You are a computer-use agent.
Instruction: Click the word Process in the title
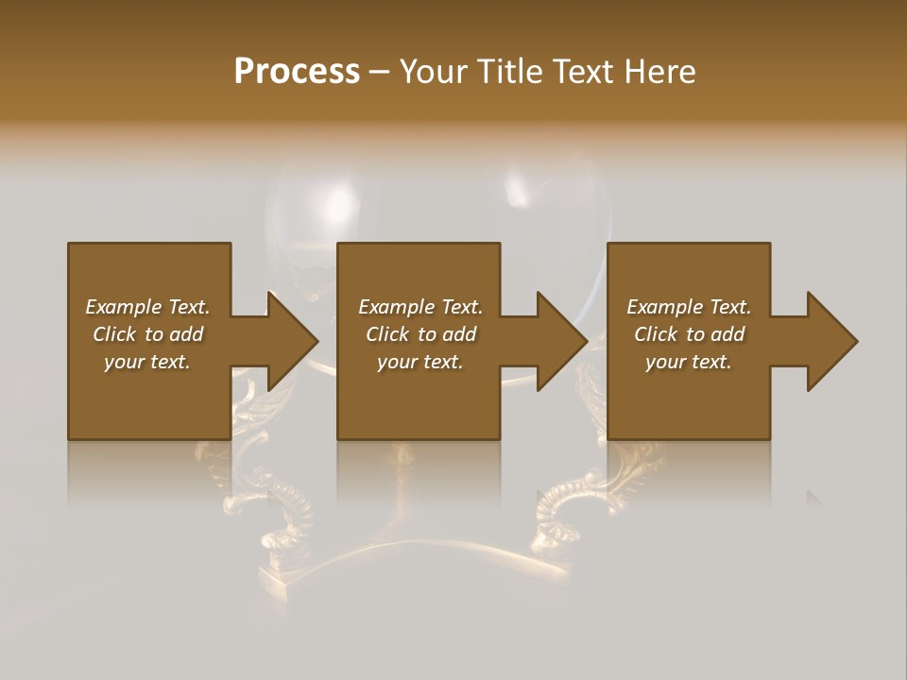click(297, 72)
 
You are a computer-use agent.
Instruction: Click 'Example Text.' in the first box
click(147, 307)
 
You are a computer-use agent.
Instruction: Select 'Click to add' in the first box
click(147, 334)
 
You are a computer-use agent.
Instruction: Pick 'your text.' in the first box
click(147, 362)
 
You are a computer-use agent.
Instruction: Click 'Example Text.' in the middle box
click(420, 307)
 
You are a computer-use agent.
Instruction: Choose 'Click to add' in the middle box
click(420, 334)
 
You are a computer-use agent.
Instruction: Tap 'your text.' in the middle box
click(420, 362)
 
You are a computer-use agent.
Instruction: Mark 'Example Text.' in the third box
click(689, 307)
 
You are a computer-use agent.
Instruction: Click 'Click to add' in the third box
click(689, 334)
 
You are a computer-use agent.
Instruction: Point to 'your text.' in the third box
click(689, 362)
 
